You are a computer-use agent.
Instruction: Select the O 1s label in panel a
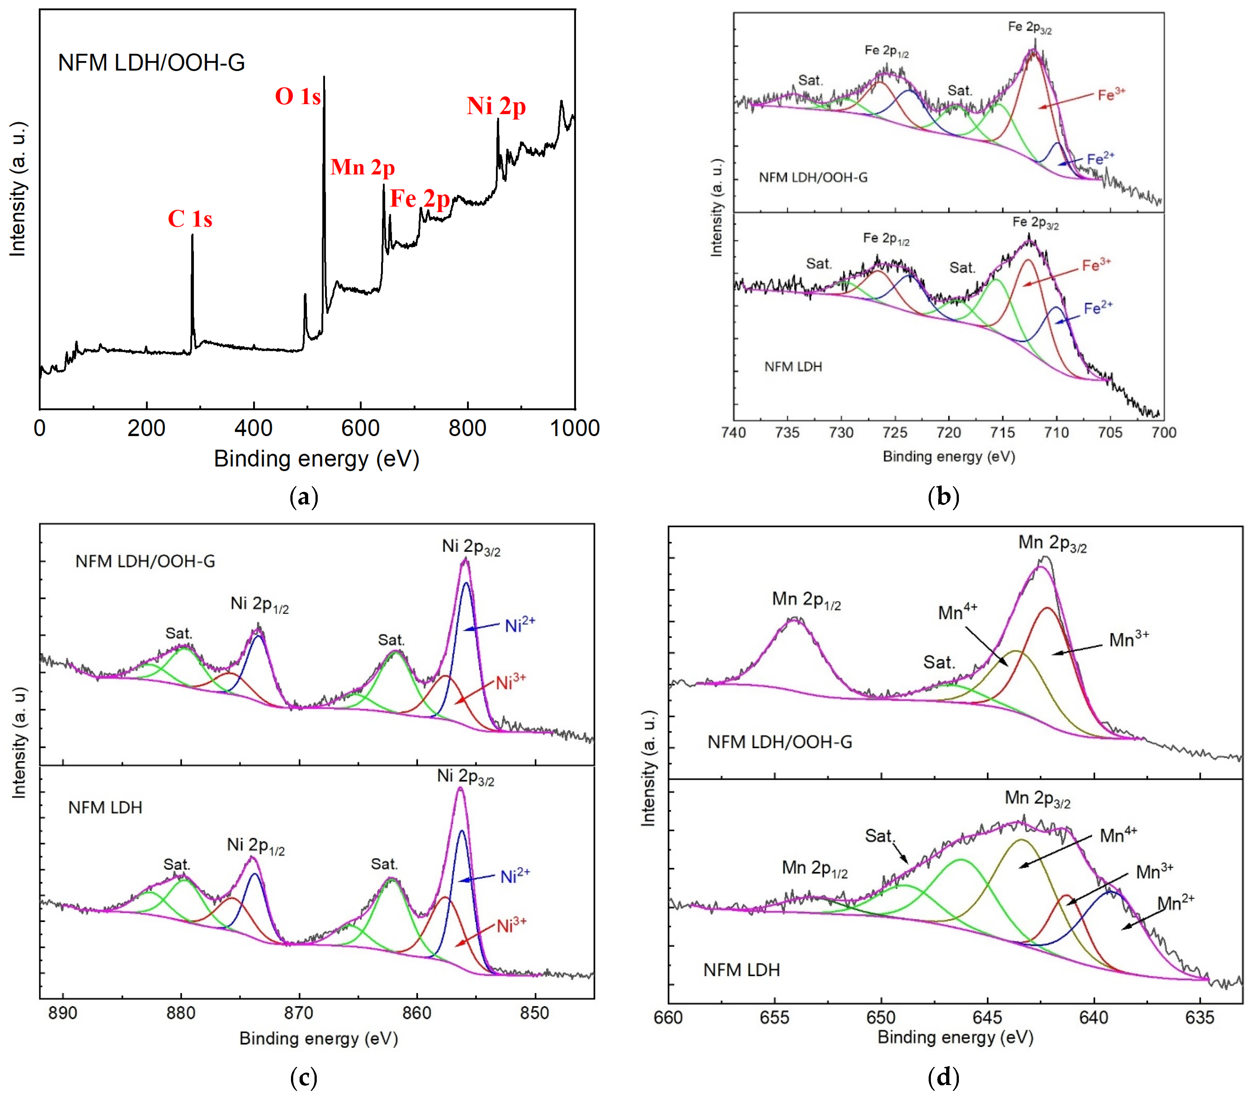[x=298, y=96]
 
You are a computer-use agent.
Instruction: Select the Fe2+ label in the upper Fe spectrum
[x=1100, y=159]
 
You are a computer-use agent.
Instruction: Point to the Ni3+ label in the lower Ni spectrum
[x=511, y=926]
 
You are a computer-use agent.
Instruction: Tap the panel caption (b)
[x=943, y=496]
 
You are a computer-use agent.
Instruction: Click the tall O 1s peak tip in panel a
[x=324, y=77]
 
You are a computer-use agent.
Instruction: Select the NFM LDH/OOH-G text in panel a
[x=151, y=63]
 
